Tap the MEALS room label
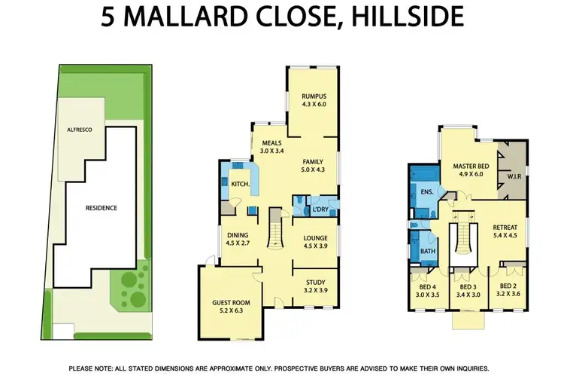tap(271, 142)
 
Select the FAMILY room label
tap(313, 162)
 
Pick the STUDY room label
tap(315, 283)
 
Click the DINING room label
tap(238, 234)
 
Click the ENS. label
tap(426, 192)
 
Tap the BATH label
tap(428, 251)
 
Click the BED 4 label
tap(426, 286)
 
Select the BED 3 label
tap(468, 286)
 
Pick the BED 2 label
tap(509, 286)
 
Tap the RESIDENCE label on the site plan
tap(101, 207)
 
